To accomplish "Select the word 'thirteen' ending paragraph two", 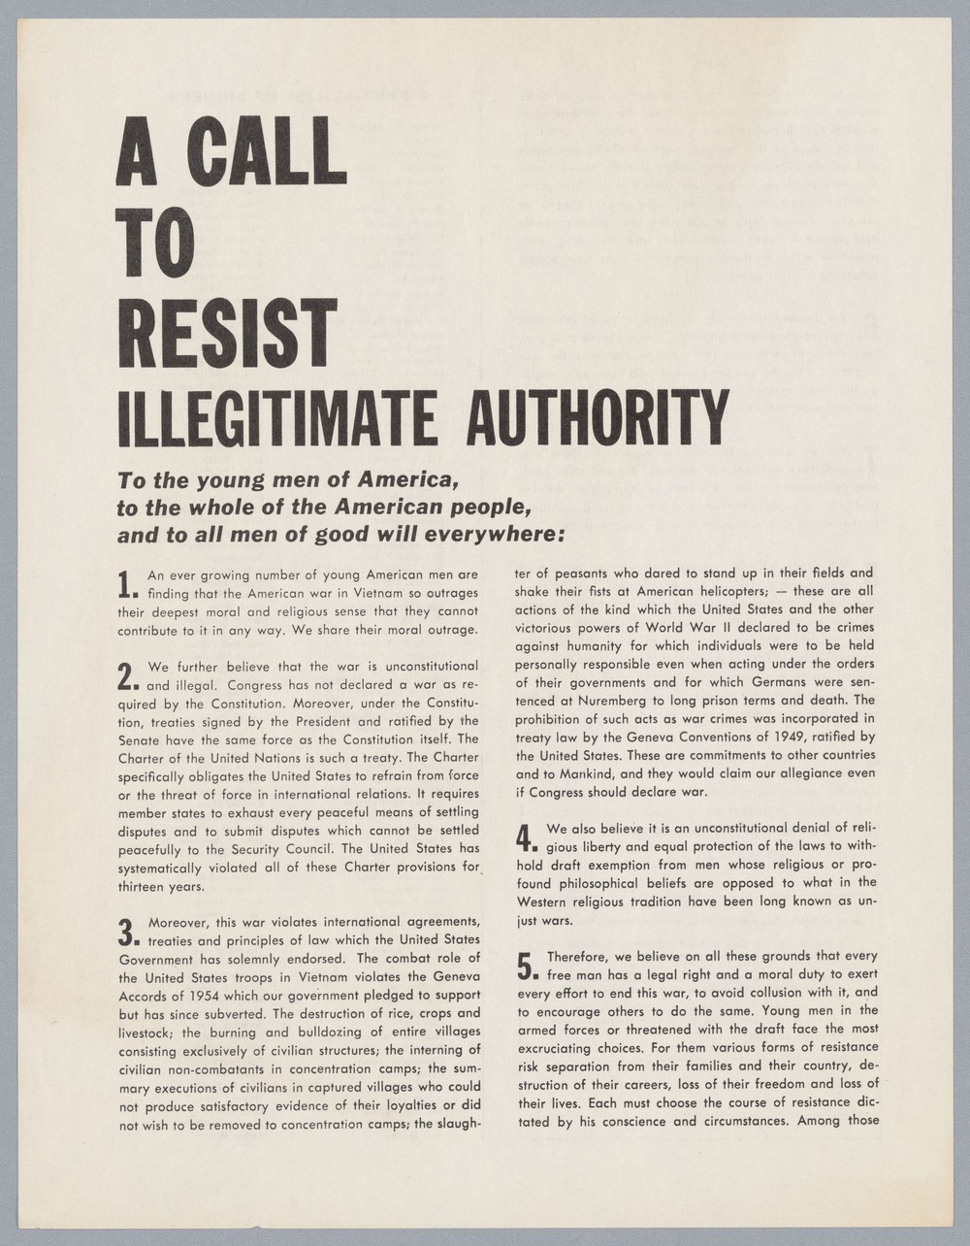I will [x=146, y=886].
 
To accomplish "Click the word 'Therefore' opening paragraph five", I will [x=578, y=956].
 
